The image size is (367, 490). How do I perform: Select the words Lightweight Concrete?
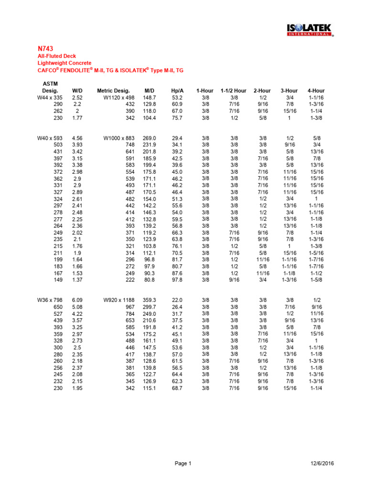(64, 63)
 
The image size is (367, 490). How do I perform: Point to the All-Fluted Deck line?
(56, 56)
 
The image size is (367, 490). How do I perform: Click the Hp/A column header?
(177, 90)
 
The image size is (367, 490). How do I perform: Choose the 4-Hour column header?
(316, 90)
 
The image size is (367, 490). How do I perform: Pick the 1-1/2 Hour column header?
(234, 90)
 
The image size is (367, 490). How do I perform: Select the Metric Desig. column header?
(113, 90)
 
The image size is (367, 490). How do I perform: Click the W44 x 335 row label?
(50, 97)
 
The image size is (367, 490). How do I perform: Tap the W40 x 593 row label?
(50, 138)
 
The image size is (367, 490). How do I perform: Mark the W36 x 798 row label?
(50, 300)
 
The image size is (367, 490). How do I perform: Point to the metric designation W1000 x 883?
(119, 138)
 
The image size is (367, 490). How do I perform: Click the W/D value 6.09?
(77, 300)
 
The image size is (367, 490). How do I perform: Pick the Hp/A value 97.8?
(177, 280)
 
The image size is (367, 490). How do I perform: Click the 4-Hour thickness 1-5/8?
(316, 280)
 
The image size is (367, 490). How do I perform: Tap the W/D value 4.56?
(77, 138)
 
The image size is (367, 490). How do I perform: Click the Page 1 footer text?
(183, 463)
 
